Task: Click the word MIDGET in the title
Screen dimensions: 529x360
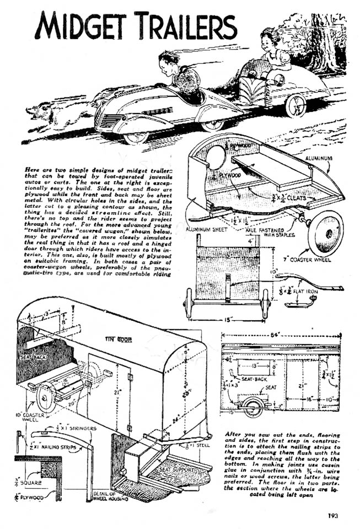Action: pyautogui.click(x=83, y=26)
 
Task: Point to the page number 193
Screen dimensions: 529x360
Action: pyautogui.click(x=331, y=516)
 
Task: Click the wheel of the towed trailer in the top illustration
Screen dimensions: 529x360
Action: pyautogui.click(x=295, y=105)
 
